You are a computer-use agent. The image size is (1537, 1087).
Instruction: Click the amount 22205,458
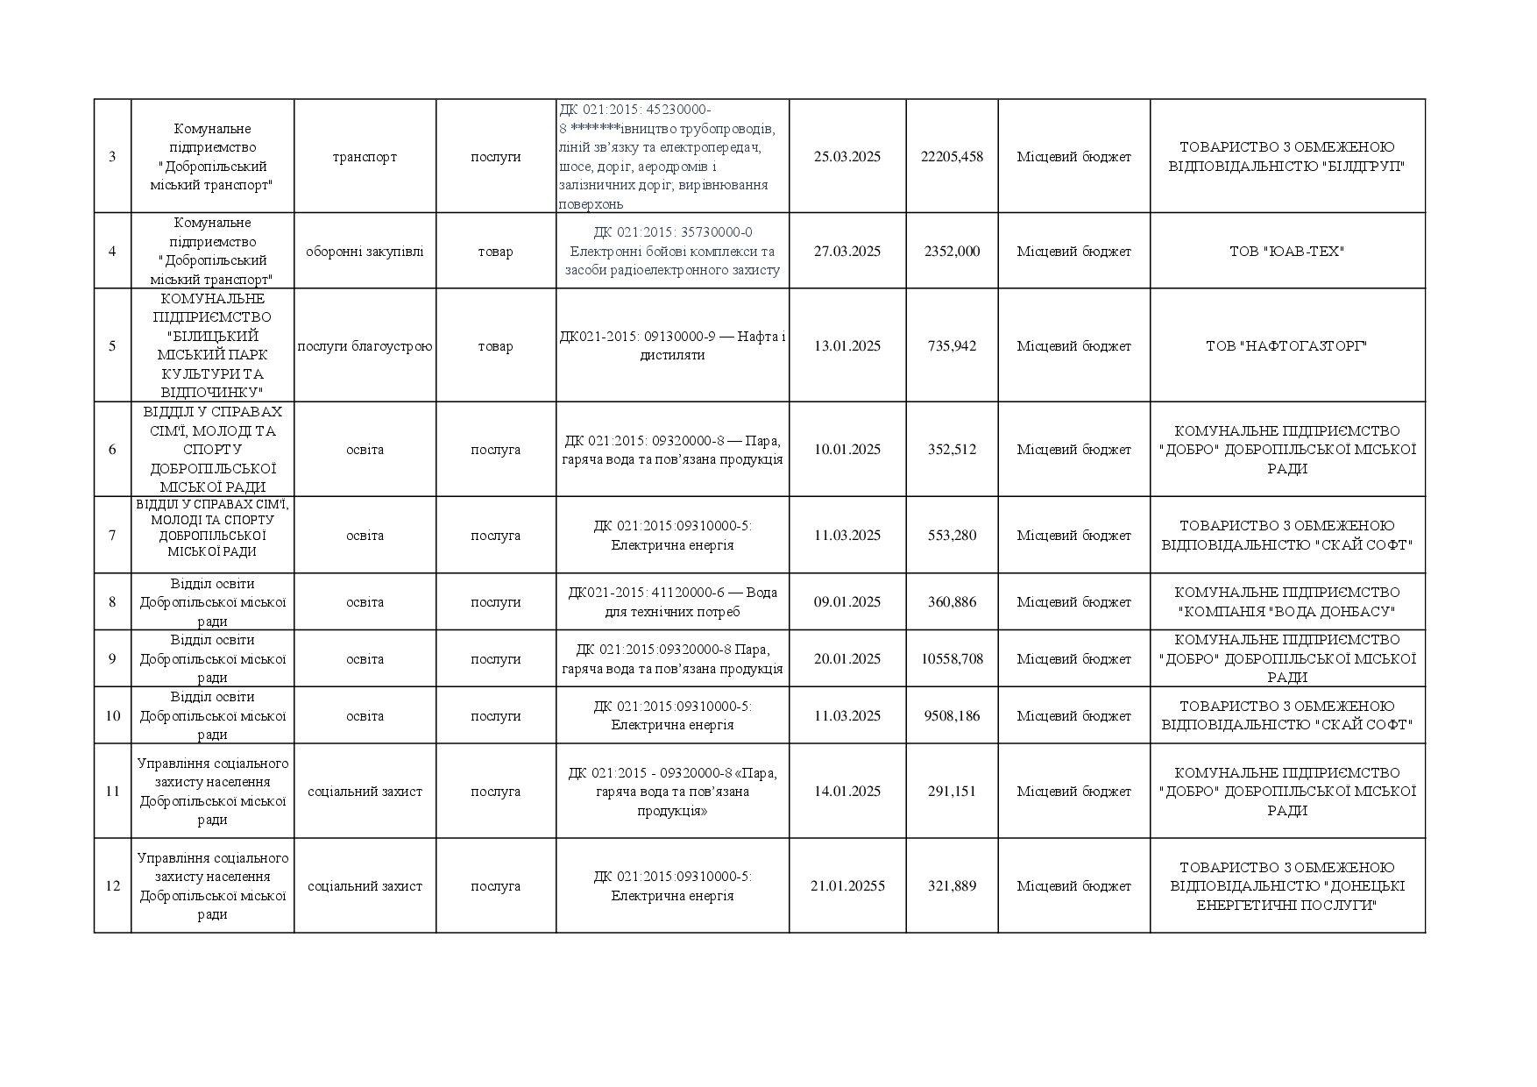[952, 157]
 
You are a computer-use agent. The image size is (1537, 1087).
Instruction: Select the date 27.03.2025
[846, 252]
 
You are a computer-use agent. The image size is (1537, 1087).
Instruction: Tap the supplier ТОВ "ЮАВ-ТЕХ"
[1286, 252]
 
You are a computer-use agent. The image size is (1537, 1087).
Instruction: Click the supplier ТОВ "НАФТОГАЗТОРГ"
[1286, 346]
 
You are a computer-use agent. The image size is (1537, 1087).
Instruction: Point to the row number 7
[112, 536]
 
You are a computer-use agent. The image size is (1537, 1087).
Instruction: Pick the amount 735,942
[952, 346]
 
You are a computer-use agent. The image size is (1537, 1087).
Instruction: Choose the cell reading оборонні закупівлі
[365, 252]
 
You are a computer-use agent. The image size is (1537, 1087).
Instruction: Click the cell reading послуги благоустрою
[365, 346]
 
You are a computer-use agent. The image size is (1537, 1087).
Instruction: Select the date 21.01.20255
[846, 886]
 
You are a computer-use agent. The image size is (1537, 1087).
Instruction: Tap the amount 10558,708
[952, 659]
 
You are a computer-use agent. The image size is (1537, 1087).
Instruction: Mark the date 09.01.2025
[846, 602]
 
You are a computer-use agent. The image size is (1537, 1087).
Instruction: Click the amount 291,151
[952, 792]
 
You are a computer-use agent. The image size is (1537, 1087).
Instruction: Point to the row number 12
[112, 886]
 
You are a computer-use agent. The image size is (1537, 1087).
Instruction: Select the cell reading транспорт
[365, 157]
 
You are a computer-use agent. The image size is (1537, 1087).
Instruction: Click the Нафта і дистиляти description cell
[672, 346]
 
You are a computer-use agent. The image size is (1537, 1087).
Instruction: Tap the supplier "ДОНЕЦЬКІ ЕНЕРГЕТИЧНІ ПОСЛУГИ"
[1286, 886]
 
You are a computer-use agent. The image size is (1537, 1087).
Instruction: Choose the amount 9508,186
[952, 716]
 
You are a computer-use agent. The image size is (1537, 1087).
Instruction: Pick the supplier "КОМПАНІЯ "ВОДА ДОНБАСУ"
[1286, 602]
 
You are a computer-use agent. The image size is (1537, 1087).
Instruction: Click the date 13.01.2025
[846, 346]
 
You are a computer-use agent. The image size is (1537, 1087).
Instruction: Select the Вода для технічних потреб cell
[672, 602]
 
